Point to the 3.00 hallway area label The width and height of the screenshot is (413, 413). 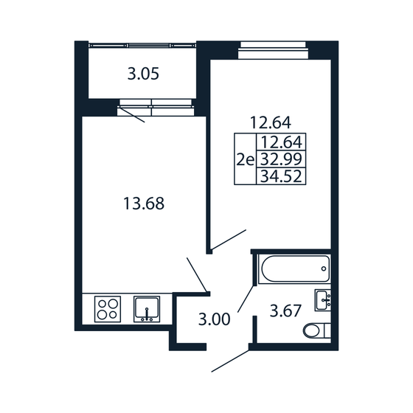[x=214, y=319]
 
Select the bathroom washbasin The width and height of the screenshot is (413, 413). [x=322, y=299]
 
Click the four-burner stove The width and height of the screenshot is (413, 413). [x=108, y=308]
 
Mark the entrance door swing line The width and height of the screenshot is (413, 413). [x=231, y=362]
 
